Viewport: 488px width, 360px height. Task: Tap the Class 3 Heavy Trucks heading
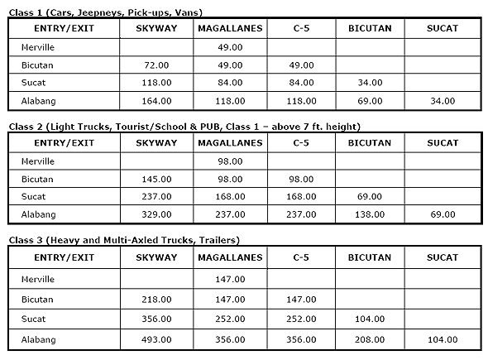click(x=123, y=240)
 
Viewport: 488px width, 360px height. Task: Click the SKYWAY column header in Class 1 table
click(x=156, y=28)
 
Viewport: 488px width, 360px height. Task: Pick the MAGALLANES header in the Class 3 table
click(x=231, y=258)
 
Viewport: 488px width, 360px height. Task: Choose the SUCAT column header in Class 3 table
click(x=443, y=258)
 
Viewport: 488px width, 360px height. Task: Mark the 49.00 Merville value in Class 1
click(x=231, y=46)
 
